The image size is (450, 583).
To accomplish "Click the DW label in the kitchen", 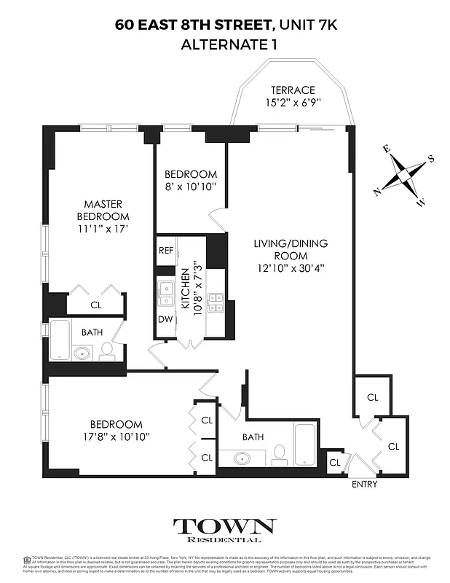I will [x=165, y=319].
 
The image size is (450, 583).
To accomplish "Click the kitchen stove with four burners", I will [x=216, y=302].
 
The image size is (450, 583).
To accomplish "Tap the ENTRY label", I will [x=363, y=483].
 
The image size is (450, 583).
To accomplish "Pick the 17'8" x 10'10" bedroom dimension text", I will [x=116, y=436].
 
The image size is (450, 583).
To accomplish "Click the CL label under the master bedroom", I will [x=95, y=305].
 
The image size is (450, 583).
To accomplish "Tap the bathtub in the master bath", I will [x=60, y=339].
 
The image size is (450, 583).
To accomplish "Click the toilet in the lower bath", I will [x=277, y=456].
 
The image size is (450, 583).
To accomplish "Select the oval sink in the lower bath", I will [x=242, y=458].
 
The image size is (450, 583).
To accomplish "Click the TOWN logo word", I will [x=224, y=526].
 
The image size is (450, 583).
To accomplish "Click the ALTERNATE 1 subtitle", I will [x=224, y=44].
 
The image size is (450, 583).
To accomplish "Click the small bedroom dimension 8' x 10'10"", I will [x=190, y=187].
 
